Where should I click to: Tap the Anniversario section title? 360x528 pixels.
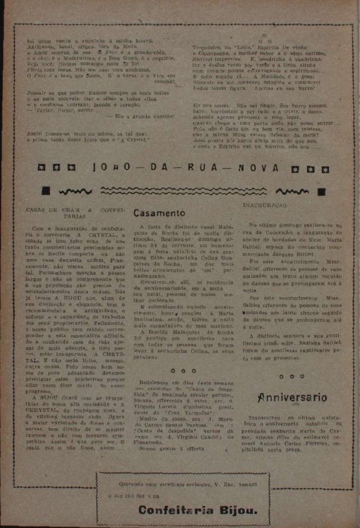click(292, 398)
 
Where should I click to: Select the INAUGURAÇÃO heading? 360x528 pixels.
click(264, 204)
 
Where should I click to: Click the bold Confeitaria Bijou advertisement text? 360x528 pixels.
click(198, 510)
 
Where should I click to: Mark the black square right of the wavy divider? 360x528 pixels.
click(321, 191)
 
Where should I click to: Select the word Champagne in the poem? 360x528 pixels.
click(209, 54)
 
